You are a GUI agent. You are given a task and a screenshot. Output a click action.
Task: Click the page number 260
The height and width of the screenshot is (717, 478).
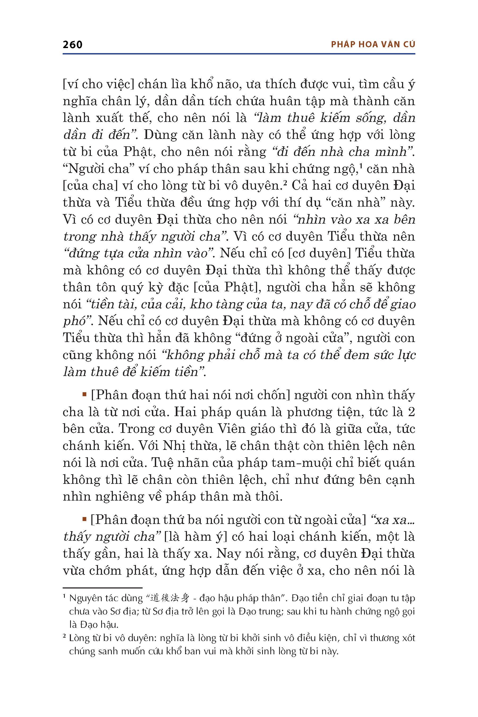coord(72,45)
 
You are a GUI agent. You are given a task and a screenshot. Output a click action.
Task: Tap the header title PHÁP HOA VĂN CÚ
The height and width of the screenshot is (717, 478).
coord(373,45)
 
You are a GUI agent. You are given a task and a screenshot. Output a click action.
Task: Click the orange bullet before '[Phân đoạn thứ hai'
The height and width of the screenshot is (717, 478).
coord(84,394)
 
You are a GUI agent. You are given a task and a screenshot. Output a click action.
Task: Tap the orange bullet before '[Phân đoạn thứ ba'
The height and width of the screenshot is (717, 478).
coord(84,519)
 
